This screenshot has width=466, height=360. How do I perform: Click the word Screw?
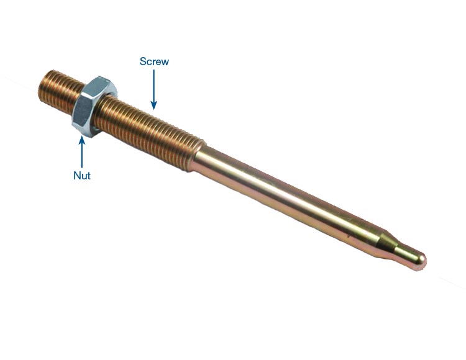click(154, 61)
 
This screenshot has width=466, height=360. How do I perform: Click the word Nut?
click(82, 176)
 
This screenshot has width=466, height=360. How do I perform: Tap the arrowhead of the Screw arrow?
click(153, 105)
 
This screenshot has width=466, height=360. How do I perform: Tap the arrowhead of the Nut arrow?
click(82, 140)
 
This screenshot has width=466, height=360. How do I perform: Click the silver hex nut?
click(94, 106)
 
